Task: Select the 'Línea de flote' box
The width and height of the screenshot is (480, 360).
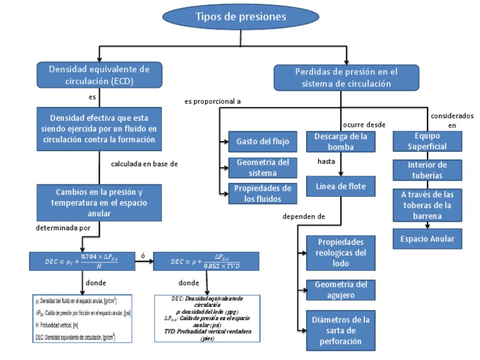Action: pos(341,186)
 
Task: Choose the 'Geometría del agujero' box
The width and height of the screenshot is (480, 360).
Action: pos(341,291)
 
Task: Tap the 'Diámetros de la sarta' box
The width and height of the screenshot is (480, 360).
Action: pos(341,331)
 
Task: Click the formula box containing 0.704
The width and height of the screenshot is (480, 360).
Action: pos(82,259)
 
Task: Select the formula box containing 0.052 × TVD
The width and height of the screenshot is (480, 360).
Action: pos(207,259)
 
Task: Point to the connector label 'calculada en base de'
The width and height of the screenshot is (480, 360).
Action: pos(144,164)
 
